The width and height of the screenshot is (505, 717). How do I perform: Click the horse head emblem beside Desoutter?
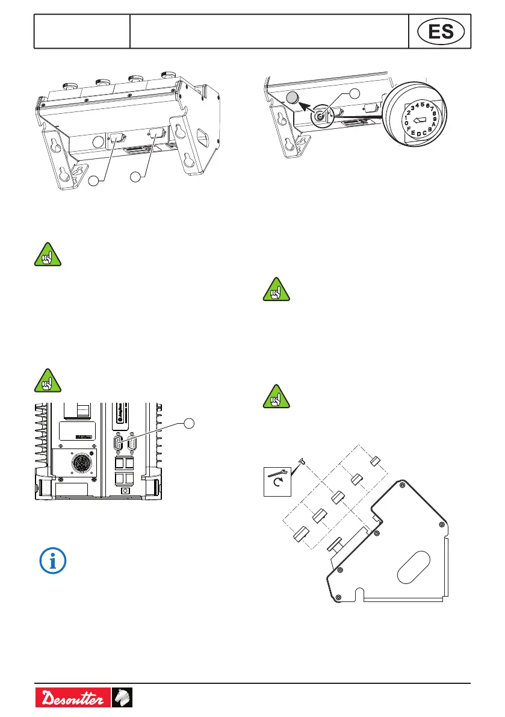[x=122, y=698]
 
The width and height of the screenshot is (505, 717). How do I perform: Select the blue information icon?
[x=53, y=560]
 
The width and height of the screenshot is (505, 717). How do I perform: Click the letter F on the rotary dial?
[x=410, y=129]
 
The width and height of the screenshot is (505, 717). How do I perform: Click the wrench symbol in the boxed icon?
[x=277, y=474]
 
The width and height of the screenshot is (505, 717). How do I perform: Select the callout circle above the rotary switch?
[x=355, y=93]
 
